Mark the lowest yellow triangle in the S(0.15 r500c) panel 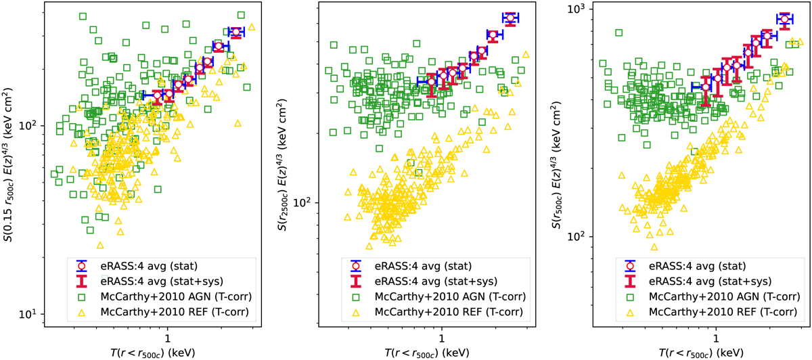click(x=100, y=246)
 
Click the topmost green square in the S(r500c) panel click(x=618, y=32)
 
